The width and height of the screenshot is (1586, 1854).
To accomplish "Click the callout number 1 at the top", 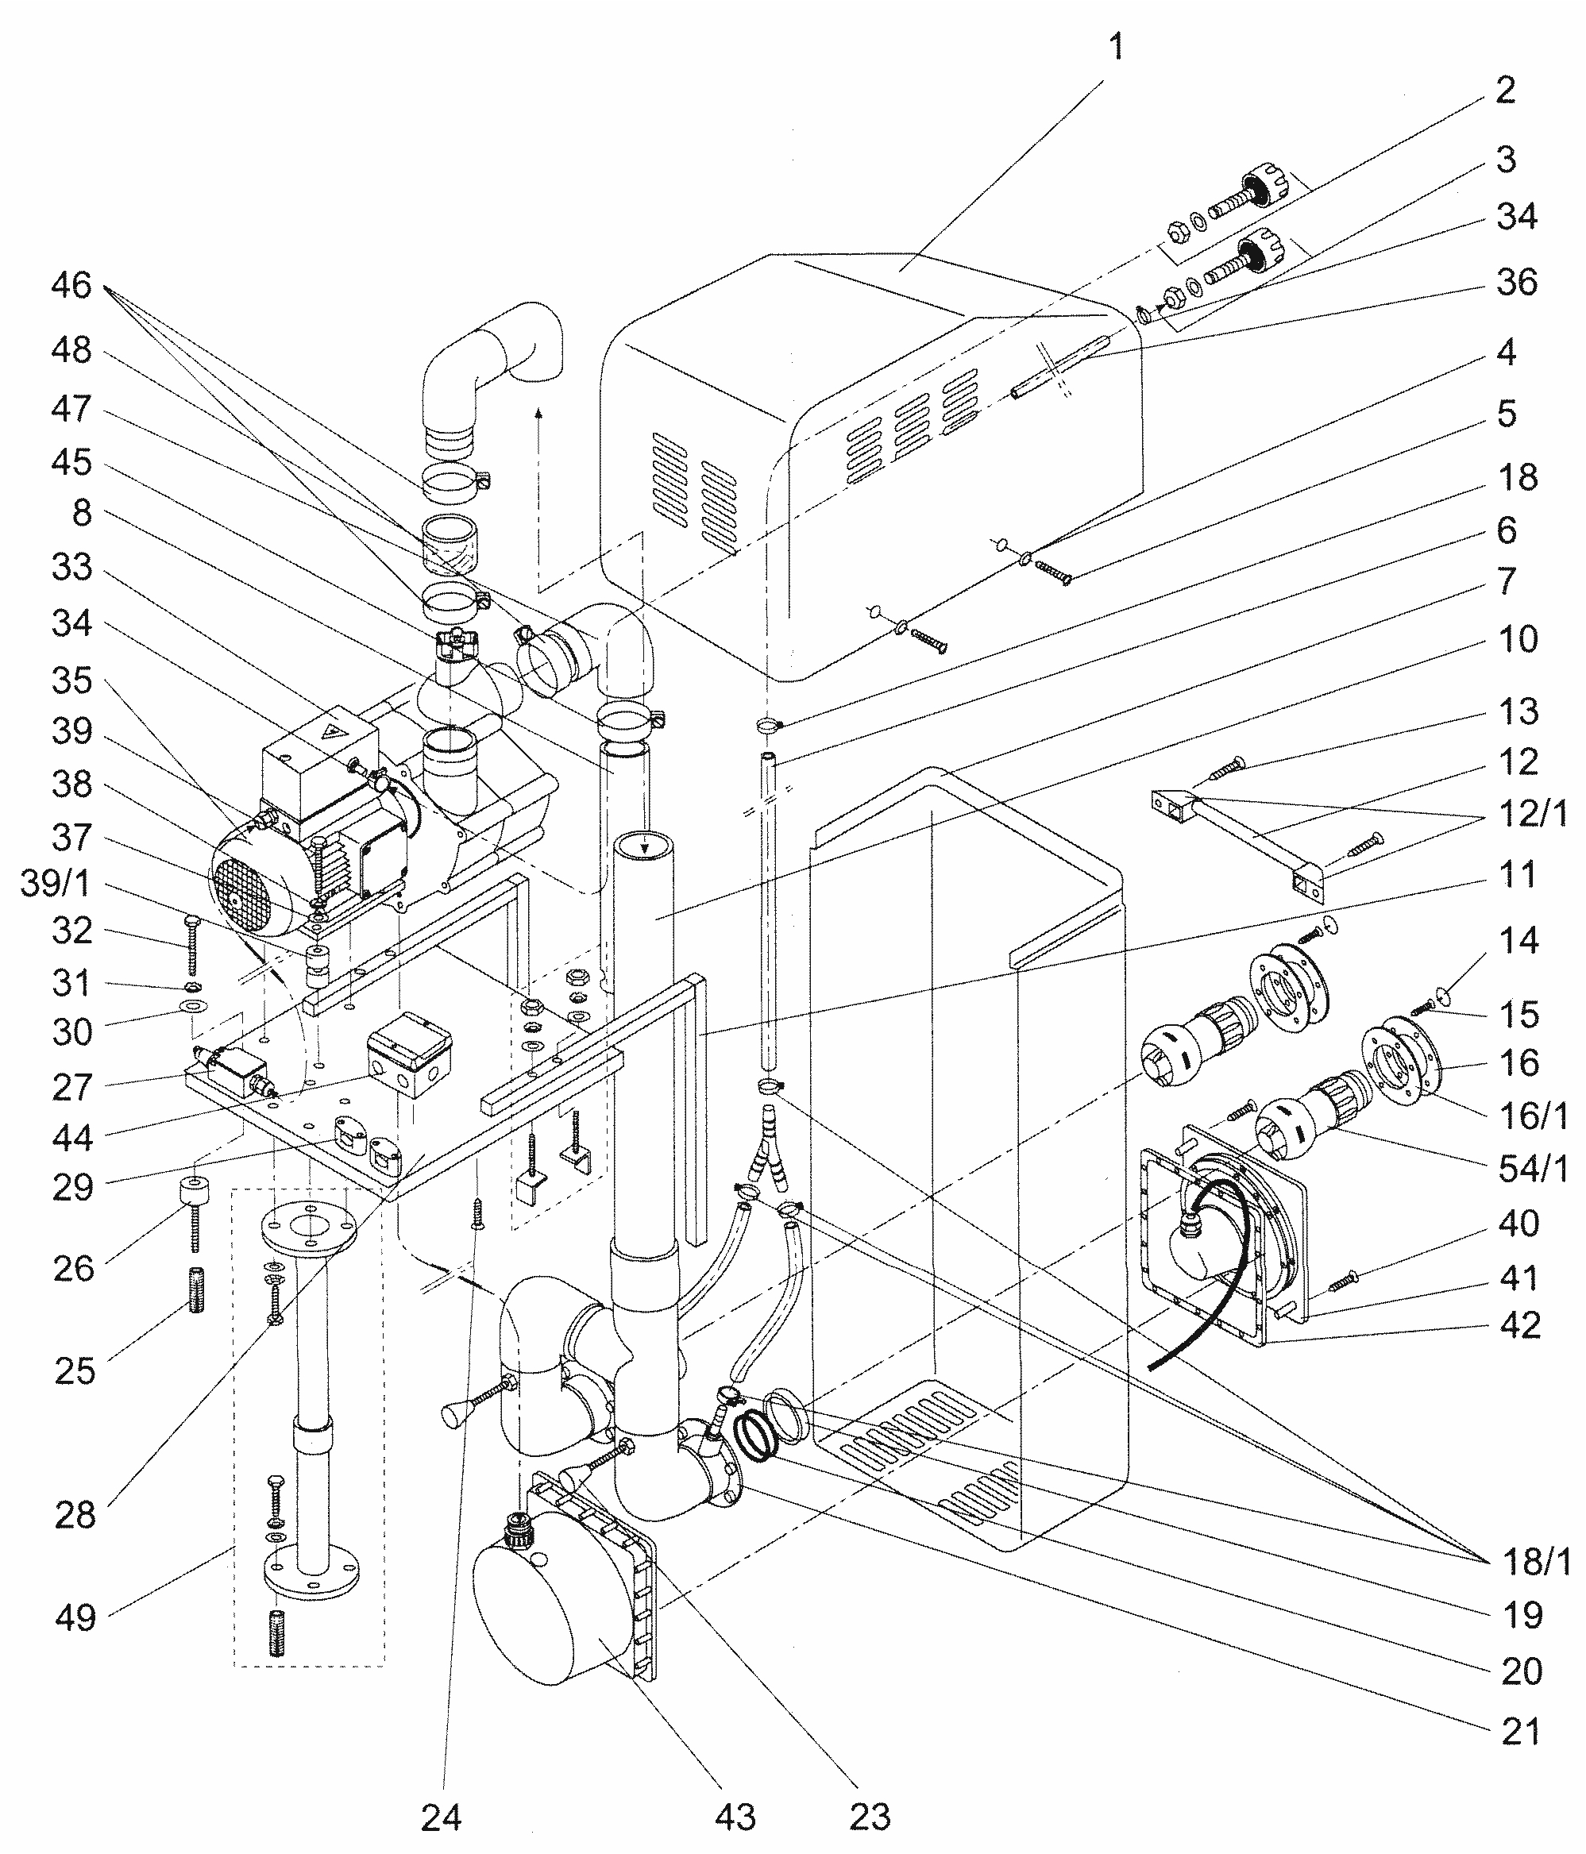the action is click(x=1115, y=48).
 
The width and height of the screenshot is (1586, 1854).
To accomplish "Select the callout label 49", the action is click(x=75, y=1617).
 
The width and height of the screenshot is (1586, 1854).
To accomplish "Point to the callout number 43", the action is click(x=735, y=1817).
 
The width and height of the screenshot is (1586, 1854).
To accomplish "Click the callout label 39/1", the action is click(x=56, y=884).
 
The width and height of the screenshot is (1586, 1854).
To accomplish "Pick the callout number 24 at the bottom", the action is click(x=442, y=1817).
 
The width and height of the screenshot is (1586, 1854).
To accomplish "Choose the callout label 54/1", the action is click(x=1534, y=1169).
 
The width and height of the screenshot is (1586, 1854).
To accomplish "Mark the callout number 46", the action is click(x=71, y=285).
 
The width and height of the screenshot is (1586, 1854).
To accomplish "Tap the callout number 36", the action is click(x=1517, y=282).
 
